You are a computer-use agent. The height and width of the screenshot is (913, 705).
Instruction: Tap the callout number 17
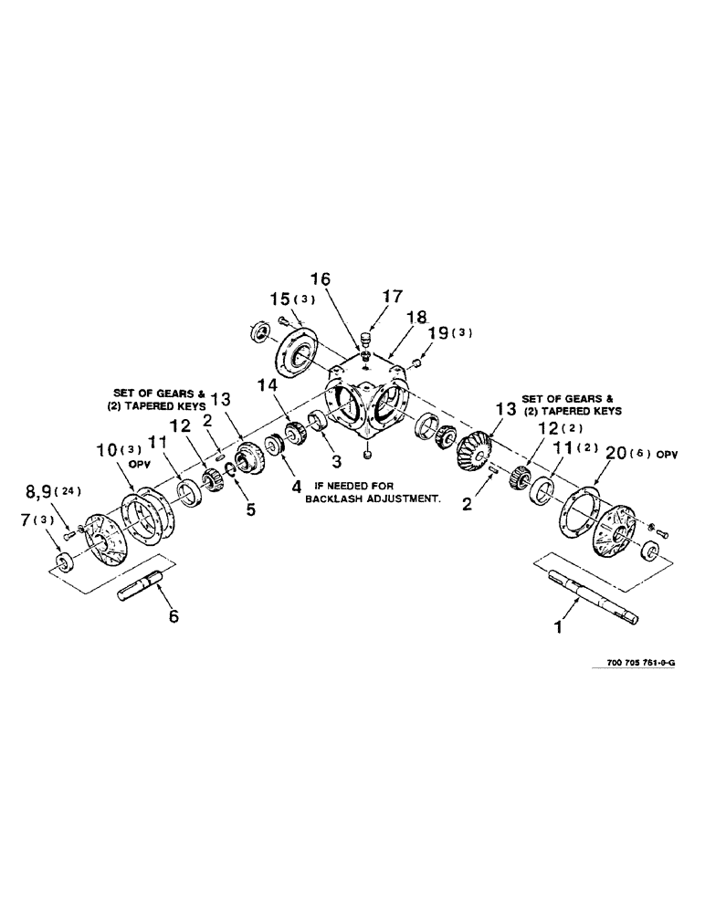point(392,296)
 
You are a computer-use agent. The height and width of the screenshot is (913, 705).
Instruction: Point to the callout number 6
point(173,616)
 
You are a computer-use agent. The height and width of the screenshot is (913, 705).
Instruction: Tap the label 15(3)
point(291,299)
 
